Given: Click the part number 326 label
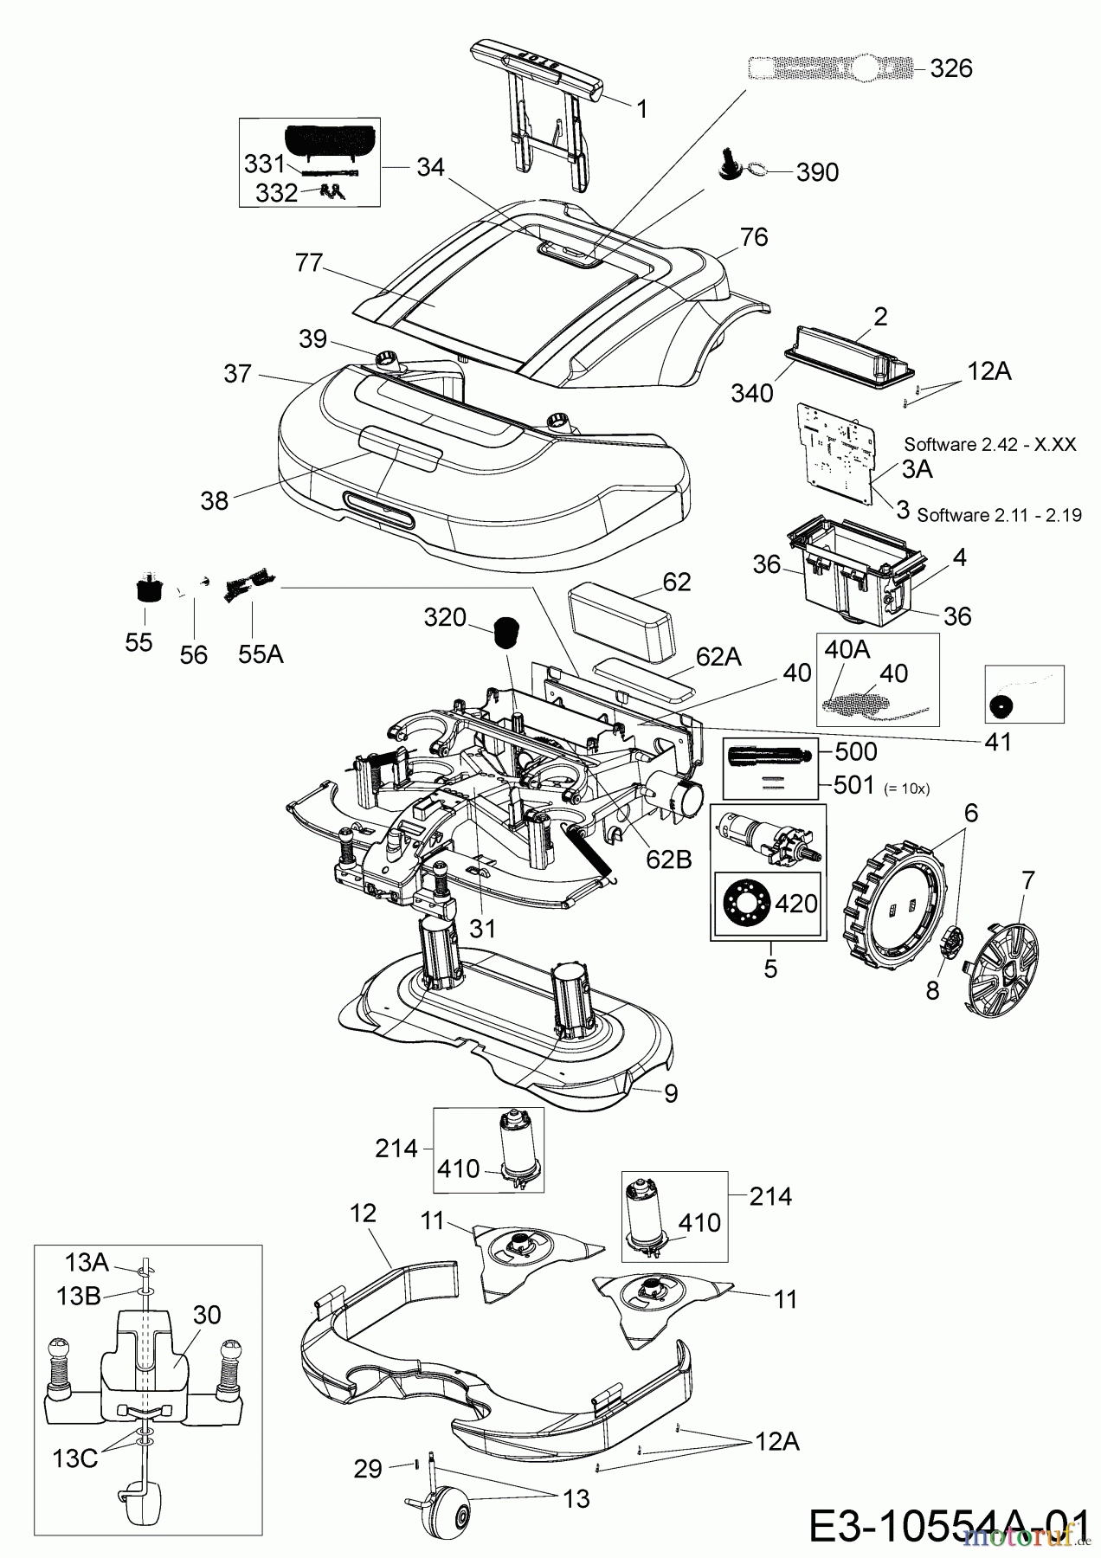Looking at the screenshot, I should click(x=950, y=68).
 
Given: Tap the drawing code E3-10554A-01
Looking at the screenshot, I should click(x=948, y=1525).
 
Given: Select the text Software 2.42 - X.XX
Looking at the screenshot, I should click(x=990, y=444).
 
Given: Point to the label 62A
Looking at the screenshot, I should click(x=718, y=657).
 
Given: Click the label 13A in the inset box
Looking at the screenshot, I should click(x=86, y=1263).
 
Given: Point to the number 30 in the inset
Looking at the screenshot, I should click(x=207, y=1314).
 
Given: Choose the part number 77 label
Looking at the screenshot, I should click(x=309, y=263).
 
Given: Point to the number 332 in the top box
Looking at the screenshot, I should click(x=276, y=193).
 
